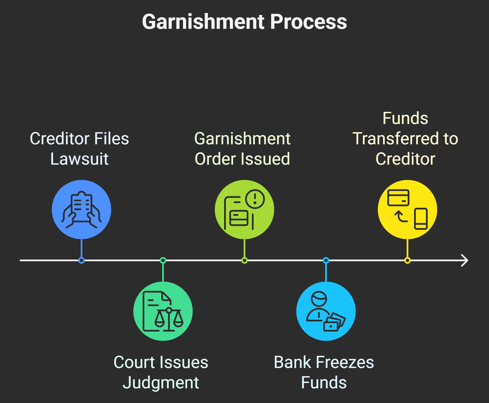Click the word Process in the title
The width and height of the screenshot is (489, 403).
pyautogui.click(x=309, y=22)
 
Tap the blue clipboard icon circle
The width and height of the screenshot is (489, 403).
pyautogui.click(x=81, y=210)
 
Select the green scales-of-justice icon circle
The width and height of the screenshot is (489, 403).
pyautogui.click(x=163, y=311)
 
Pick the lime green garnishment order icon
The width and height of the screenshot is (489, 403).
pyautogui.click(x=244, y=210)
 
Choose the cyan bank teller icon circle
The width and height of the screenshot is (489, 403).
pyautogui.click(x=326, y=311)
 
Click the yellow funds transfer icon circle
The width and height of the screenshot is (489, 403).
pyautogui.click(x=407, y=210)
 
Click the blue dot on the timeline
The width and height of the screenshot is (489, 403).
pyautogui.click(x=81, y=260)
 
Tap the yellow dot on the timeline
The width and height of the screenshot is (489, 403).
pyautogui.click(x=407, y=260)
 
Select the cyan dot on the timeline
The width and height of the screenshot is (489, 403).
pyautogui.click(x=326, y=260)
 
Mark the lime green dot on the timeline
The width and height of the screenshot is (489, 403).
pyautogui.click(x=244, y=260)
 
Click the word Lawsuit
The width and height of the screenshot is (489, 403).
pyautogui.click(x=80, y=159)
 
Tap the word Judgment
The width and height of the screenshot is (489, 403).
pyautogui.click(x=161, y=383)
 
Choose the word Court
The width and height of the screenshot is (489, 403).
pyautogui.click(x=131, y=362)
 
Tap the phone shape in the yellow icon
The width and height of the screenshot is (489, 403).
pyautogui.click(x=421, y=219)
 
